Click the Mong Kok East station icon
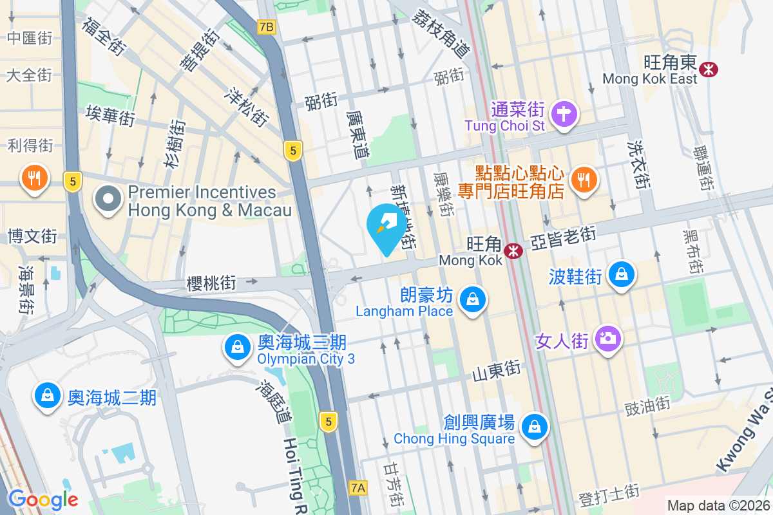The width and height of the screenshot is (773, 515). click(x=710, y=68)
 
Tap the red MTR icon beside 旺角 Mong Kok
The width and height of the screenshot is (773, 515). click(x=513, y=251)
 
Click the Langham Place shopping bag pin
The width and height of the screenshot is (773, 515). click(x=473, y=299)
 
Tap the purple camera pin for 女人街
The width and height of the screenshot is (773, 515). click(x=607, y=337)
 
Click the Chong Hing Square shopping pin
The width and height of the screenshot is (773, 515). click(x=535, y=426)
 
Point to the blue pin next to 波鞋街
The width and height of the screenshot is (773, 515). click(x=621, y=274)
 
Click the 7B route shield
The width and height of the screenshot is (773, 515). click(x=266, y=27)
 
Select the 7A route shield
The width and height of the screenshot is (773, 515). click(x=358, y=488)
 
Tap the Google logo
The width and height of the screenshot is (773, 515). click(x=43, y=499)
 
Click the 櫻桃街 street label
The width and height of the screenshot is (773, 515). click(x=211, y=283)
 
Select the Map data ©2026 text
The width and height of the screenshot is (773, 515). click(x=718, y=506)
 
